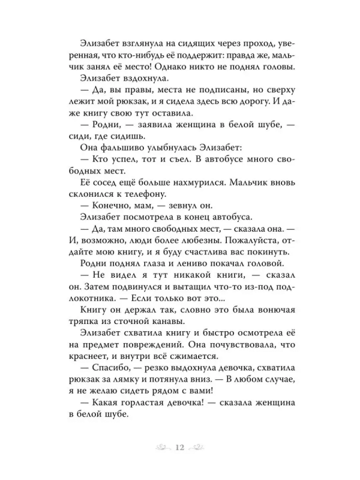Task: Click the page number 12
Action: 180,446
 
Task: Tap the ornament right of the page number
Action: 202,446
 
